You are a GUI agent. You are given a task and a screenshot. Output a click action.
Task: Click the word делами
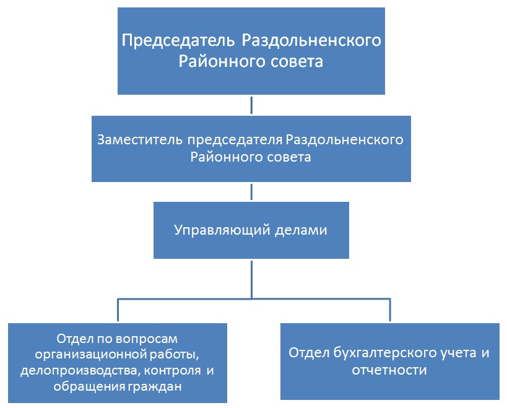click(303, 231)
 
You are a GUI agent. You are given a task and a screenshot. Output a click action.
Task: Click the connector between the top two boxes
click(251, 105)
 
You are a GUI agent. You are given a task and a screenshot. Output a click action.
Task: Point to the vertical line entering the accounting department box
click(389, 311)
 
